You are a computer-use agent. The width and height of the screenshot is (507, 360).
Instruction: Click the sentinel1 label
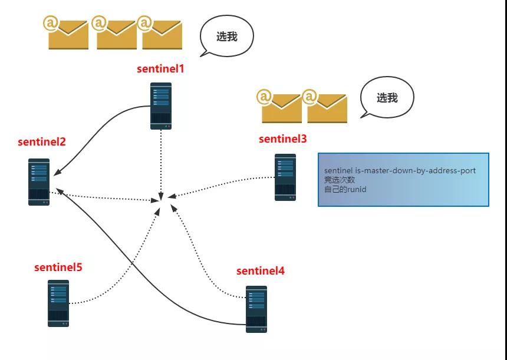click(160, 68)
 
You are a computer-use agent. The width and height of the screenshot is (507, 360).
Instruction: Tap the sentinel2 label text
click(42, 141)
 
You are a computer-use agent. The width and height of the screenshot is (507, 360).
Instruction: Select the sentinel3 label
click(282, 138)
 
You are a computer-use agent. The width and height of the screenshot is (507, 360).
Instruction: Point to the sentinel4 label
click(261, 271)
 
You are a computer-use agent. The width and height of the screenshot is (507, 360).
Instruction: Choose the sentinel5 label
click(58, 267)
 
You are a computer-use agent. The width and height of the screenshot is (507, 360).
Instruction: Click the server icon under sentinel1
click(161, 106)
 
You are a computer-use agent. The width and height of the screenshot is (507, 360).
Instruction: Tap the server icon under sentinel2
click(39, 182)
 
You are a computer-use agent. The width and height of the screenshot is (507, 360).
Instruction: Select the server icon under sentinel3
click(285, 177)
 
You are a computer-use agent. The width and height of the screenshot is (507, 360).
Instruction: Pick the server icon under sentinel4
click(256, 309)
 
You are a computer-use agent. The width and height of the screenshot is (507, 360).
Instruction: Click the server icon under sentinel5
click(58, 303)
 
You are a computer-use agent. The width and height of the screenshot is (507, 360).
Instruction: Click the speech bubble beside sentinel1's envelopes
click(226, 36)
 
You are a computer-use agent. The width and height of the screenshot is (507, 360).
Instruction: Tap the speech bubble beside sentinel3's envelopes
click(387, 97)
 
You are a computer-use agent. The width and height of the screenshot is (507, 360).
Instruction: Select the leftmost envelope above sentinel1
click(66, 33)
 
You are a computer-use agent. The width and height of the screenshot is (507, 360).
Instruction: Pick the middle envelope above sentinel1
click(114, 33)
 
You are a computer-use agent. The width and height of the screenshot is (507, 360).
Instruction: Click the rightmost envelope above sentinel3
click(325, 106)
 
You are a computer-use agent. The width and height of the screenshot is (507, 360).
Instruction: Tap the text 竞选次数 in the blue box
click(340, 180)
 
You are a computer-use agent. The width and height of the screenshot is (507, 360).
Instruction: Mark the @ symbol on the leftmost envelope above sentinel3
click(264, 97)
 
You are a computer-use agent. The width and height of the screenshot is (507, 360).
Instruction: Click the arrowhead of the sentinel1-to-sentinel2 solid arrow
click(56, 173)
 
